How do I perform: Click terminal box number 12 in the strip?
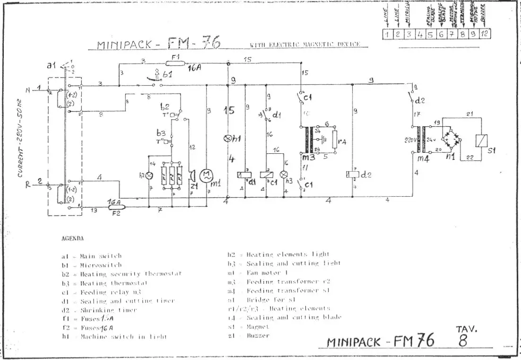click(484, 34)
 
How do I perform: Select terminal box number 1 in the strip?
click(386, 34)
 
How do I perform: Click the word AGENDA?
click(73, 238)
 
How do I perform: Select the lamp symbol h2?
click(149, 176)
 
